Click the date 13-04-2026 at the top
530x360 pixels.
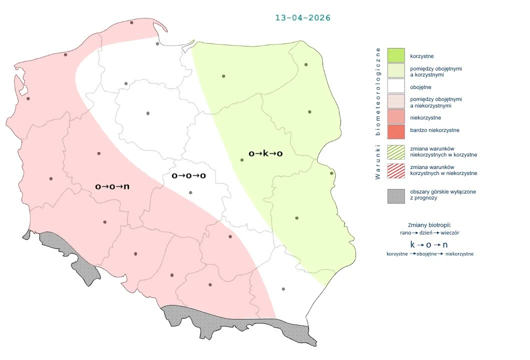[x=302, y=17]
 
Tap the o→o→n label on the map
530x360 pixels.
[x=112, y=186]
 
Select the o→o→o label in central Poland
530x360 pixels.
[x=188, y=176]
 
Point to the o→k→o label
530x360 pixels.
[x=265, y=153]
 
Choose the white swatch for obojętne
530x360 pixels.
[x=395, y=87]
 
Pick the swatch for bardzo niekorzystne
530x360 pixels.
[x=395, y=131]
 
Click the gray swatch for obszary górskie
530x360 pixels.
[x=395, y=195]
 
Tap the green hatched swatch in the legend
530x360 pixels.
[x=395, y=152]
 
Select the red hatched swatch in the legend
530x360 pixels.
[x=395, y=170]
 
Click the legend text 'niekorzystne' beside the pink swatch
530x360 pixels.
[x=425, y=117]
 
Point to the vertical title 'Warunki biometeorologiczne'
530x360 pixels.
[x=378, y=113]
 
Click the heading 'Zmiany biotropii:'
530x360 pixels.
[x=429, y=224]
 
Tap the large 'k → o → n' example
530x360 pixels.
[x=429, y=244]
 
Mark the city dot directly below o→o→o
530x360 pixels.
[x=190, y=192]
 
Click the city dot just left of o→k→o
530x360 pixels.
[x=242, y=160]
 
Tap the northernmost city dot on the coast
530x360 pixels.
[x=131, y=22]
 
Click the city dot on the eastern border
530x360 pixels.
[x=331, y=173]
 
